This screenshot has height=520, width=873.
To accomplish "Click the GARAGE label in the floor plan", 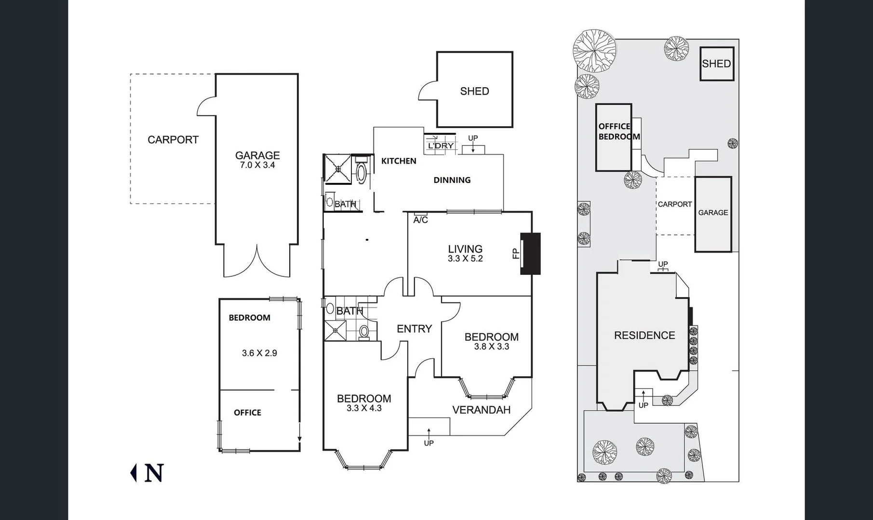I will click(x=257, y=155).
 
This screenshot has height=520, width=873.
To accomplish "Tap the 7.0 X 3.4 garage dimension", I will click(x=257, y=165).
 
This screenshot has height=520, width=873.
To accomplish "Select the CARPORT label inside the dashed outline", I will click(x=173, y=140).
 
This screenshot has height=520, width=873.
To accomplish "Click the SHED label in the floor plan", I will click(x=474, y=91).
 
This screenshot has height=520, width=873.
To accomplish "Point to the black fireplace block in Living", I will click(x=530, y=254).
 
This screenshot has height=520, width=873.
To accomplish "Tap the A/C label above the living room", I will click(x=420, y=220).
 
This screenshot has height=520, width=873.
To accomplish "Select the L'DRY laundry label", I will click(x=441, y=145).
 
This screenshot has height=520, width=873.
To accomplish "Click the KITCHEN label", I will click(x=399, y=161).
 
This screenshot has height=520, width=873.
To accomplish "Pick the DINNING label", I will click(x=452, y=180).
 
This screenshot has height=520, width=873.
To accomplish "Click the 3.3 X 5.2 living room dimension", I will click(x=465, y=259).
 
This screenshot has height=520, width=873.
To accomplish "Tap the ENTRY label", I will click(x=414, y=329).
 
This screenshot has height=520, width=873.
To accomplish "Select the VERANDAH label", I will click(x=481, y=410).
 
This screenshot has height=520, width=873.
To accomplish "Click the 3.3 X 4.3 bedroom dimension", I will click(x=363, y=408).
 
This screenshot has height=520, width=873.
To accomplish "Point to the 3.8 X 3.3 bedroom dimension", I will click(x=491, y=347).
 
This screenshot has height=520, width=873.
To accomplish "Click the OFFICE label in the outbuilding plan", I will click(x=247, y=413).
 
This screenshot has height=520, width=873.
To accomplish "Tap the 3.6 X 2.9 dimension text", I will click(x=259, y=353).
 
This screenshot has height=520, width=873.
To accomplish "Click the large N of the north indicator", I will click(x=154, y=473).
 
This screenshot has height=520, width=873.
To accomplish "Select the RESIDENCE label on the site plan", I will click(x=644, y=335).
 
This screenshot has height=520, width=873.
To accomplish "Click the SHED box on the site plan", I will click(x=716, y=64).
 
